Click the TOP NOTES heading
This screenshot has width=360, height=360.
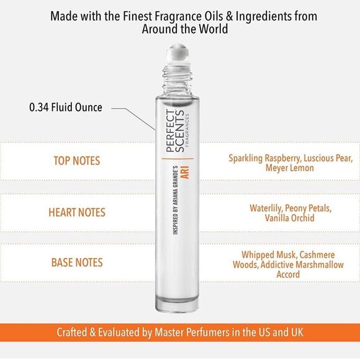[x=76, y=161]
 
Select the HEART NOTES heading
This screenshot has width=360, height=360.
[x=76, y=212]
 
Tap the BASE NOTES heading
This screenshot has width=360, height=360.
[x=76, y=263]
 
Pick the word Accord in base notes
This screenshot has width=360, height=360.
[x=288, y=275]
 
